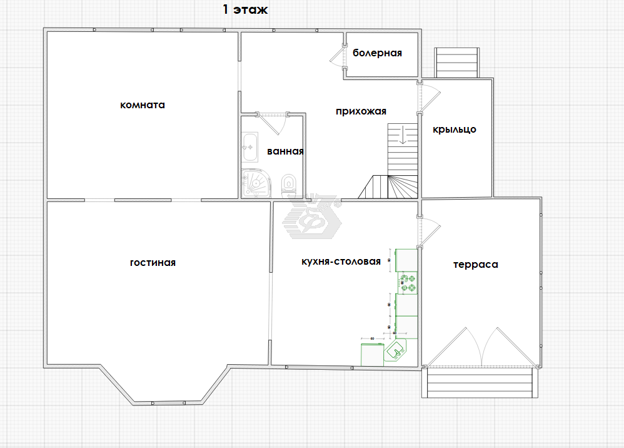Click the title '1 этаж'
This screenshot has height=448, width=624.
pyautogui.click(x=245, y=9)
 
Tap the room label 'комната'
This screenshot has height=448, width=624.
pyautogui.click(x=143, y=105)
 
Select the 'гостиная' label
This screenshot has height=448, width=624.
pyautogui.click(x=153, y=263)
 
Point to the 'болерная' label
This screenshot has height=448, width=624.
pyautogui.click(x=377, y=53)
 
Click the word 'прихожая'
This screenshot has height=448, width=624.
pyautogui.click(x=361, y=111)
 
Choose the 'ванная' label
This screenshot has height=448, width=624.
pyautogui.click(x=285, y=151)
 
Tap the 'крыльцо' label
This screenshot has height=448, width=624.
pyautogui.click(x=455, y=130)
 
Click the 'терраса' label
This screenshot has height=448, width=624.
pyautogui.click(x=476, y=265)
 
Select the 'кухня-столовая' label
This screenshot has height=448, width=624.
pyautogui.click(x=341, y=262)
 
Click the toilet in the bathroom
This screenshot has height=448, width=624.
pyautogui.click(x=288, y=186)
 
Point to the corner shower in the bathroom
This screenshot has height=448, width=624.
pyautogui.click(x=256, y=183)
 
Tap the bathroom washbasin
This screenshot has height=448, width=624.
pyautogui.click(x=250, y=147)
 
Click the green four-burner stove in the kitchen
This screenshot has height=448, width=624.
pyautogui.click(x=408, y=283)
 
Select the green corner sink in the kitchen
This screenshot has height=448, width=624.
pyautogui.click(x=396, y=351)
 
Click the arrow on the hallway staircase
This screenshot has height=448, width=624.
pyautogui.click(x=403, y=135)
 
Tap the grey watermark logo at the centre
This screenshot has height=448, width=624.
pyautogui.click(x=313, y=217)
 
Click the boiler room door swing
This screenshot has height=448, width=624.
pyautogui.click(x=338, y=56)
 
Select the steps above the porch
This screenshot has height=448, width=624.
pyautogui.click(x=457, y=63)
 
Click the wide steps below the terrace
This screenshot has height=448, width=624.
pyautogui.click(x=480, y=382)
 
